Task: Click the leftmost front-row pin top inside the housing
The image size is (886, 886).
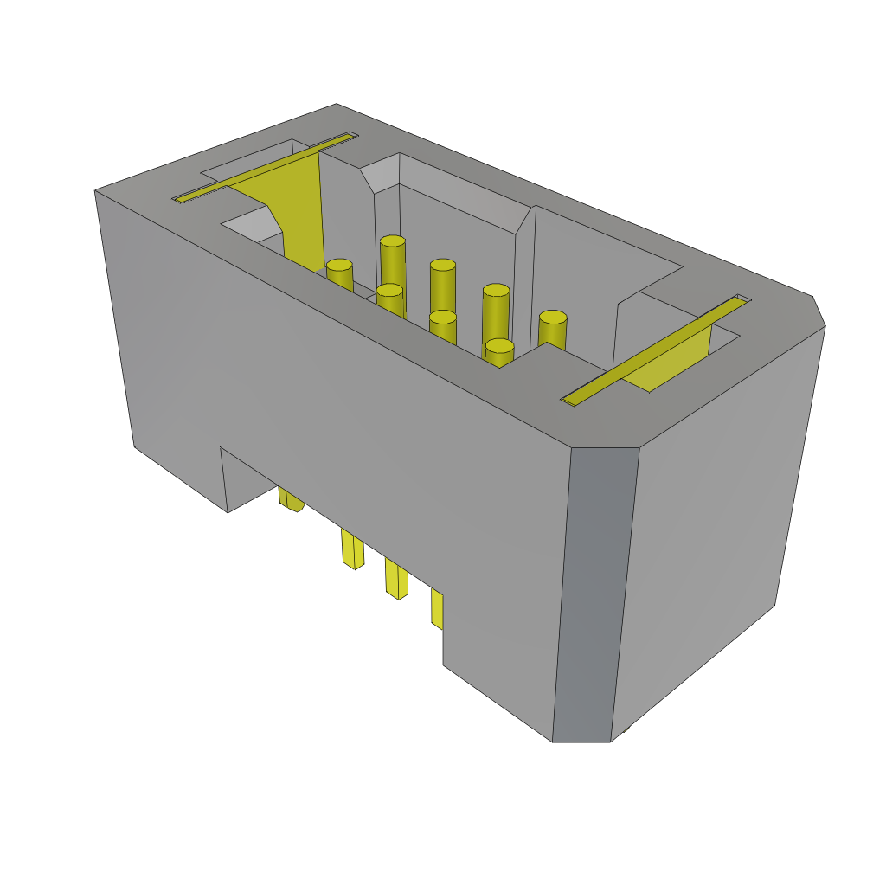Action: pyautogui.click(x=339, y=265)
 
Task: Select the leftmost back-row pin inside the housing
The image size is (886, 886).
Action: pyautogui.click(x=393, y=241)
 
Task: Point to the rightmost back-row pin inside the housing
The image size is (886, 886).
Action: pyautogui.click(x=553, y=318)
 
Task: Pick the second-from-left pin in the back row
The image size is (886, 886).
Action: pyautogui.click(x=443, y=266)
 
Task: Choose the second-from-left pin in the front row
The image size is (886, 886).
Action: pyautogui.click(x=390, y=290)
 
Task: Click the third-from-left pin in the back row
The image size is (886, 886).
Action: pyautogui.click(x=496, y=291)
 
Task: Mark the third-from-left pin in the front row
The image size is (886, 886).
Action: pyautogui.click(x=443, y=317)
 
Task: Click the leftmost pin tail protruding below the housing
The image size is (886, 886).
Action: pyautogui.click(x=291, y=499)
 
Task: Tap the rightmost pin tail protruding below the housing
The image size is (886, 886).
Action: pyautogui.click(x=437, y=609)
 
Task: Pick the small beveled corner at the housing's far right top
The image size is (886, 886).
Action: pyautogui.click(x=818, y=311)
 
